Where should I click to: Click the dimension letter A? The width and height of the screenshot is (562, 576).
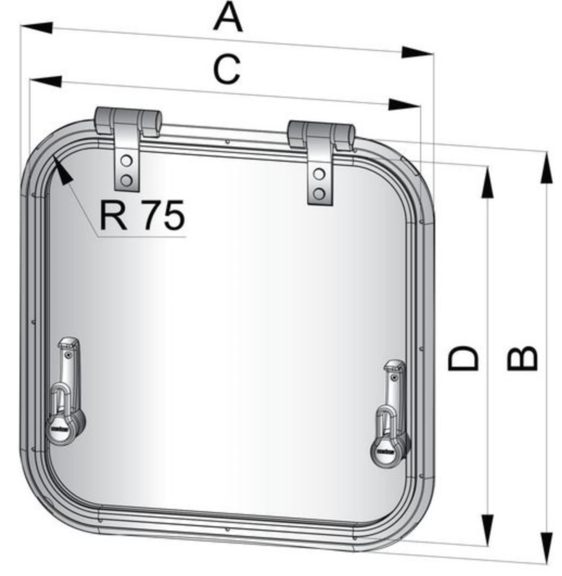(x=228, y=17)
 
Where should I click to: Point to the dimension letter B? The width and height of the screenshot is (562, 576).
(x=522, y=358)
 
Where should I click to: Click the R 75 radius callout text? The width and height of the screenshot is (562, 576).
(x=142, y=216)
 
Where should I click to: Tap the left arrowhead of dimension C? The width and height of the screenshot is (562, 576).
(x=47, y=81)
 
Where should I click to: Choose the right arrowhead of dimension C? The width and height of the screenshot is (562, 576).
(x=403, y=105)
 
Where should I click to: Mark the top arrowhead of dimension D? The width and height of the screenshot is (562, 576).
(x=487, y=183)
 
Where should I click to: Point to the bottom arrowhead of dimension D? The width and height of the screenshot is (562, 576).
(x=487, y=529)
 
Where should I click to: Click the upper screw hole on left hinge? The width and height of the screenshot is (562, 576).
(x=126, y=161)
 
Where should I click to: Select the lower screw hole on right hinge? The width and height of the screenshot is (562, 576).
(x=319, y=193)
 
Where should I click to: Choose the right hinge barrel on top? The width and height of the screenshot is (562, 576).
(x=321, y=134)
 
